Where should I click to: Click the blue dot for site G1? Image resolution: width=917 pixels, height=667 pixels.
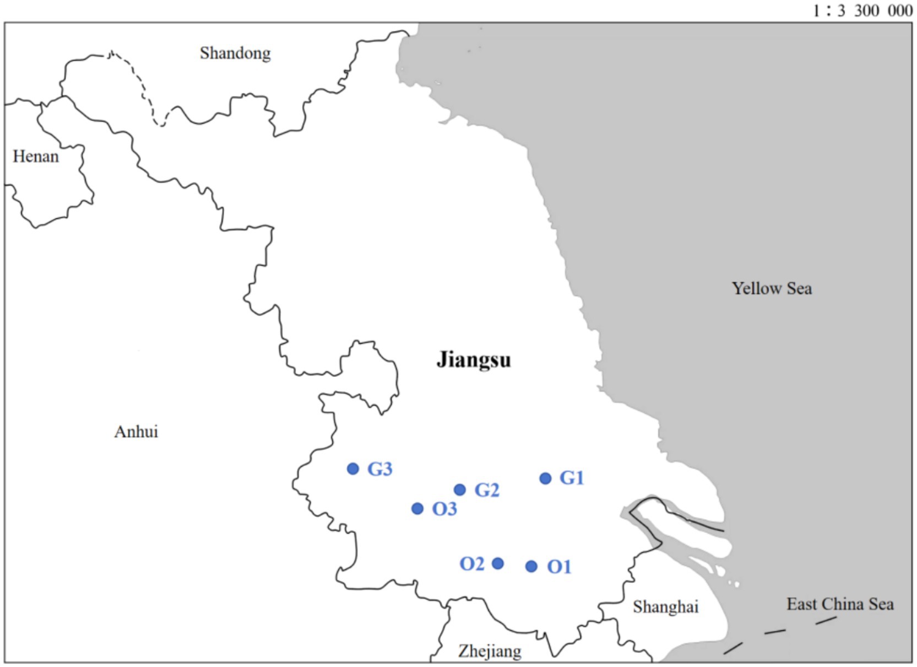pyautogui.click(x=545, y=478)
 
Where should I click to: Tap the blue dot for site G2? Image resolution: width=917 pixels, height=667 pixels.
pyautogui.click(x=460, y=490)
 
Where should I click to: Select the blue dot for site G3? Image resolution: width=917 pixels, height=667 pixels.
pyautogui.click(x=353, y=469)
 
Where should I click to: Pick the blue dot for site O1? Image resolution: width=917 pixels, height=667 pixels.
pyautogui.click(x=531, y=566)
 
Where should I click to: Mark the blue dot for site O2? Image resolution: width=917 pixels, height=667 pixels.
pyautogui.click(x=497, y=563)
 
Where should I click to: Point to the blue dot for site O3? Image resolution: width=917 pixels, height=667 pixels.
pyautogui.click(x=417, y=508)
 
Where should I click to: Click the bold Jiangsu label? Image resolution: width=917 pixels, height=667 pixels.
pyautogui.click(x=474, y=360)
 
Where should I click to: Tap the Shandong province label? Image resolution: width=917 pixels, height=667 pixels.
pyautogui.click(x=235, y=53)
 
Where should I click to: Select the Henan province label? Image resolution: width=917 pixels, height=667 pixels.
pyautogui.click(x=36, y=157)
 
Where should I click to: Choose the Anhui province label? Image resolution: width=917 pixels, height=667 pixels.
pyautogui.click(x=136, y=432)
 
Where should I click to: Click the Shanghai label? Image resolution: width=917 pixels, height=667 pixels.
pyautogui.click(x=665, y=607)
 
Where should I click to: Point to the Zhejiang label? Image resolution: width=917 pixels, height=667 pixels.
pyautogui.click(x=490, y=651)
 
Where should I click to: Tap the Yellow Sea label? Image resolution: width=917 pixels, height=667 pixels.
pyautogui.click(x=772, y=288)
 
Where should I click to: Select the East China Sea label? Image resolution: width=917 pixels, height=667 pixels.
pyautogui.click(x=840, y=604)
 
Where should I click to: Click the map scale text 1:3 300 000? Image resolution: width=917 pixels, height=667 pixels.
pyautogui.click(x=862, y=10)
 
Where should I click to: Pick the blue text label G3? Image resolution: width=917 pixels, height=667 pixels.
pyautogui.click(x=380, y=469)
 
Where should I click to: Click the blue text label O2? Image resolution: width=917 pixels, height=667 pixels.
pyautogui.click(x=472, y=564)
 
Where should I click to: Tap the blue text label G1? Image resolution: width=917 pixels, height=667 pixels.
pyautogui.click(x=572, y=478)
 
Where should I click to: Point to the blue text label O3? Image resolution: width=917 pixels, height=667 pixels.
pyautogui.click(x=444, y=509)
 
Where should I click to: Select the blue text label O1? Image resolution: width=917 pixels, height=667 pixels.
pyautogui.click(x=559, y=567)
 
